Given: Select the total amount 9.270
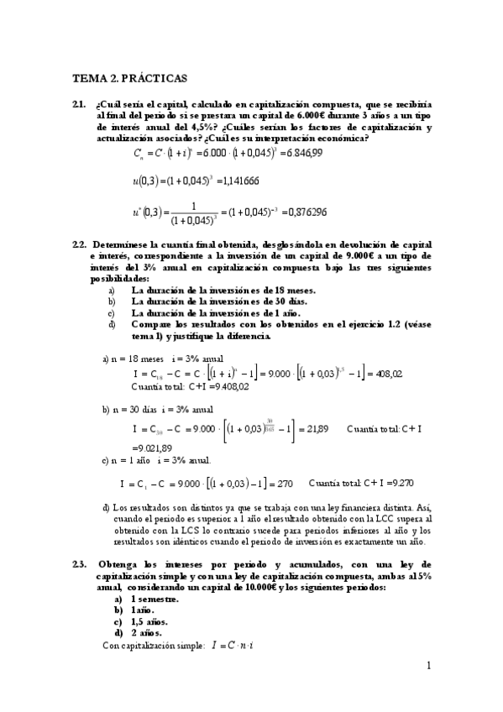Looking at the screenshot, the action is (x=406, y=484).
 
